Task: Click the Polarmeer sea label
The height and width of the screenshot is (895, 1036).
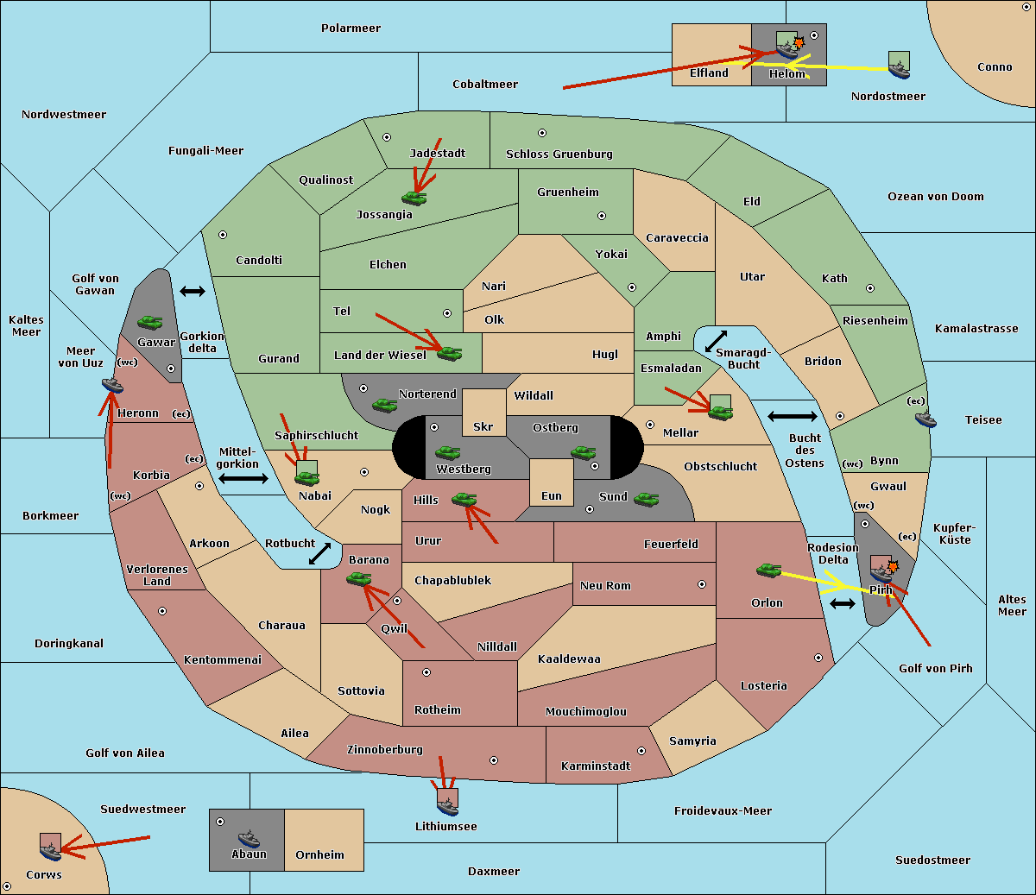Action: point(351,28)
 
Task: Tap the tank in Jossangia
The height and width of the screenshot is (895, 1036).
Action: point(414,198)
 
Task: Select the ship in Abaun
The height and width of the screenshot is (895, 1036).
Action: point(250,838)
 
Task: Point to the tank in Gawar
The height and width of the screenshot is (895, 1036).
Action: point(149,322)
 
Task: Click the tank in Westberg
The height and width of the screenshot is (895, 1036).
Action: point(447,452)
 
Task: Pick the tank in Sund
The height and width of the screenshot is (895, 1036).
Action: point(646,499)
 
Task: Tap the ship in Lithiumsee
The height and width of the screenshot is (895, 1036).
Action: point(447,807)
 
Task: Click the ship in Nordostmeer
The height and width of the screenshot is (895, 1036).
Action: point(900,70)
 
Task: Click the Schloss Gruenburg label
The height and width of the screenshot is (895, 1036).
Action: point(559,154)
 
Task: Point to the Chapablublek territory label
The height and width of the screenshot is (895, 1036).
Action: point(452,580)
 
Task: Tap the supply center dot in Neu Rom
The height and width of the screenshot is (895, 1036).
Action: point(702,584)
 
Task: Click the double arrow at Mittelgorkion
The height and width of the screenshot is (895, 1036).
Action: point(243,478)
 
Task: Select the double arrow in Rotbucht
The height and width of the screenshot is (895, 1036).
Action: point(319,553)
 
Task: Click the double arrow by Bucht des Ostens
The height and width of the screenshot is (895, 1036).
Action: point(793,416)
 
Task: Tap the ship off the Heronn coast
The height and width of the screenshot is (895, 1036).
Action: point(112,385)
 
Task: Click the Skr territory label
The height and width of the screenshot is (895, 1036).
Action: point(483,426)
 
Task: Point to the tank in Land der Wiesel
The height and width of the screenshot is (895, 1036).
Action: point(449,354)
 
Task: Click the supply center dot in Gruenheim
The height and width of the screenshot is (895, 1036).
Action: point(602,216)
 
